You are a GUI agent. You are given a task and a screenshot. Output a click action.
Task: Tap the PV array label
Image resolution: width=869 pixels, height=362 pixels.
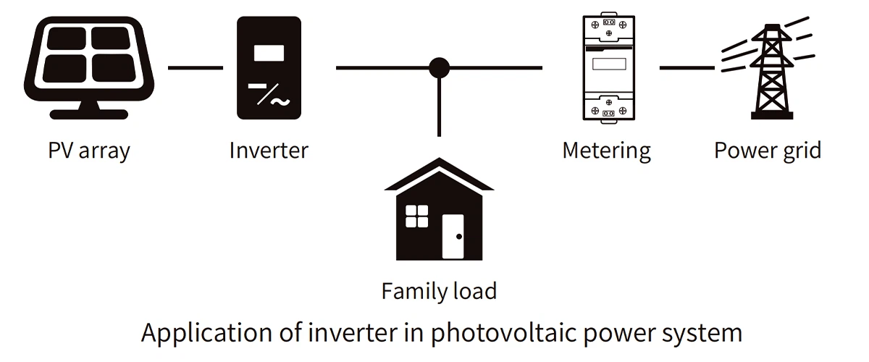click(x=88, y=151)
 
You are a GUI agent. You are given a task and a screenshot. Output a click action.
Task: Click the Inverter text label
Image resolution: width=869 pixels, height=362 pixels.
click(x=269, y=151)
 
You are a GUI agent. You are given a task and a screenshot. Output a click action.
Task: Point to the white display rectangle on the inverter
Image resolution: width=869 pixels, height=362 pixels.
click(x=269, y=53)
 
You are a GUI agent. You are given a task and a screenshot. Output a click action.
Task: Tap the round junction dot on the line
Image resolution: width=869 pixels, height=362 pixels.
click(x=439, y=68)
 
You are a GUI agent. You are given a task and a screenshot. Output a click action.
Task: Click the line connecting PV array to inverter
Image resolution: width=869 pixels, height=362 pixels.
click(x=196, y=68)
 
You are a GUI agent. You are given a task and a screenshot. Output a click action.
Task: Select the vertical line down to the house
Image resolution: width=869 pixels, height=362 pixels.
click(x=439, y=109)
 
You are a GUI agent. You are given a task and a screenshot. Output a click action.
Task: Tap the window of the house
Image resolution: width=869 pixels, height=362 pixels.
click(x=416, y=216)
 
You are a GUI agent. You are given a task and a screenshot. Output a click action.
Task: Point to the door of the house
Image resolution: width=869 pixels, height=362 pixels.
click(x=453, y=236)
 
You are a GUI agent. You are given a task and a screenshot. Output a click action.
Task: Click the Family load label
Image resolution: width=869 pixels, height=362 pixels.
click(x=439, y=291)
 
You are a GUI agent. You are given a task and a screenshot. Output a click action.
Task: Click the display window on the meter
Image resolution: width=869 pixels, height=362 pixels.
click(x=608, y=64)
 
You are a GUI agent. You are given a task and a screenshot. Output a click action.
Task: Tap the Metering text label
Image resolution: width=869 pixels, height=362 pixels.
click(x=607, y=151)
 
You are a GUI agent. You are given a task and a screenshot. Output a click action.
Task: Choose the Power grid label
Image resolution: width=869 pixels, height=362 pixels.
click(x=768, y=151)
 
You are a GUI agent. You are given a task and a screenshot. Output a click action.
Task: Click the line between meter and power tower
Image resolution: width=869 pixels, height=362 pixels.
click(x=687, y=68)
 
